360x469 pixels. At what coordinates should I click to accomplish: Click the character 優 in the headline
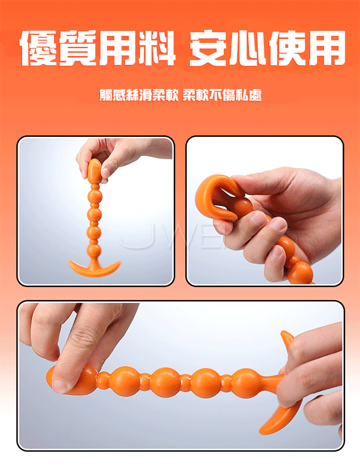pos(39,48)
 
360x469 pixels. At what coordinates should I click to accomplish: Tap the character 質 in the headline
pos(78,48)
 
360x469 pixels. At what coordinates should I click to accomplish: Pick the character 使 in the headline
pos(287,48)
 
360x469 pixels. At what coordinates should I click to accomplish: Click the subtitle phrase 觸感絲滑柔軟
pos(139,95)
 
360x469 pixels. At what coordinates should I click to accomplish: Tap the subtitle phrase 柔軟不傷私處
pos(222,95)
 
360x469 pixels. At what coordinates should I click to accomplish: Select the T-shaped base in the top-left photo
pos(95,267)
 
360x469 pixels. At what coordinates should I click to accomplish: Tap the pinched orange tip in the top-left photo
pos(94,170)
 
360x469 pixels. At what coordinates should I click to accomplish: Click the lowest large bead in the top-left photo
pos(95,250)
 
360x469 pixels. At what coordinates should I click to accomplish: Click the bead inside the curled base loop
pos(242,208)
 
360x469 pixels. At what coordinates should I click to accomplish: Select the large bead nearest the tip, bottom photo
pos(125,381)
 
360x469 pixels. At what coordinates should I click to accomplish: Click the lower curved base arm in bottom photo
pos(280,417)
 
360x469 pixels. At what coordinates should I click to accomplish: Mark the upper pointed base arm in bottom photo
pos(287,340)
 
